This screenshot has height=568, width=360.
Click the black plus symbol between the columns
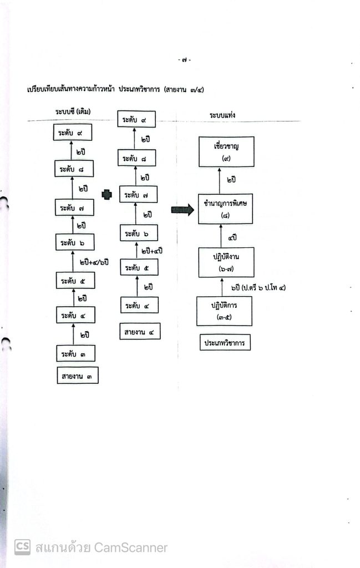pyautogui.click(x=107, y=195)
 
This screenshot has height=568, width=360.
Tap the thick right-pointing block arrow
pyautogui.click(x=182, y=210)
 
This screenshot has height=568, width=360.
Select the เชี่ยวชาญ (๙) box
pyautogui.click(x=226, y=152)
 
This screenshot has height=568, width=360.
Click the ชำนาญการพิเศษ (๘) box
pyautogui.click(x=225, y=209)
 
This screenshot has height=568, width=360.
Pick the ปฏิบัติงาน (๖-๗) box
pyautogui.click(x=226, y=262)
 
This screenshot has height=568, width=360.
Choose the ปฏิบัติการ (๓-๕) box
pyautogui.click(x=224, y=311)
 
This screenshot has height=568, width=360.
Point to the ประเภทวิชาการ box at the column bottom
pyautogui.click(x=225, y=342)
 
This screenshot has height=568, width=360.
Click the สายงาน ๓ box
pyautogui.click(x=78, y=376)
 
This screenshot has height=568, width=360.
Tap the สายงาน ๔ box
pyautogui.click(x=140, y=332)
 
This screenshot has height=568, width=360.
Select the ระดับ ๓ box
pyautogui.click(x=75, y=353)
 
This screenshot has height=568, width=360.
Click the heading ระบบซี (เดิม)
pyautogui.click(x=73, y=111)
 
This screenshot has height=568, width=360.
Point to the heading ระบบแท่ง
pyautogui.click(x=222, y=115)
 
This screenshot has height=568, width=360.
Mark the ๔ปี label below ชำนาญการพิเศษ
pyautogui.click(x=232, y=237)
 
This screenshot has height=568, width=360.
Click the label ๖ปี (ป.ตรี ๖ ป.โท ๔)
pyautogui.click(x=258, y=288)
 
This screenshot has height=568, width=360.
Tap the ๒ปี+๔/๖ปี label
pyautogui.click(x=94, y=262)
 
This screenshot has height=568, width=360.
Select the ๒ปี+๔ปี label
pyautogui.click(x=152, y=251)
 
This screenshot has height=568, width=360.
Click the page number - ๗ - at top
pyautogui.click(x=185, y=60)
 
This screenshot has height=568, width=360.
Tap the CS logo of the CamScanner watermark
pyautogui.click(x=22, y=547)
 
